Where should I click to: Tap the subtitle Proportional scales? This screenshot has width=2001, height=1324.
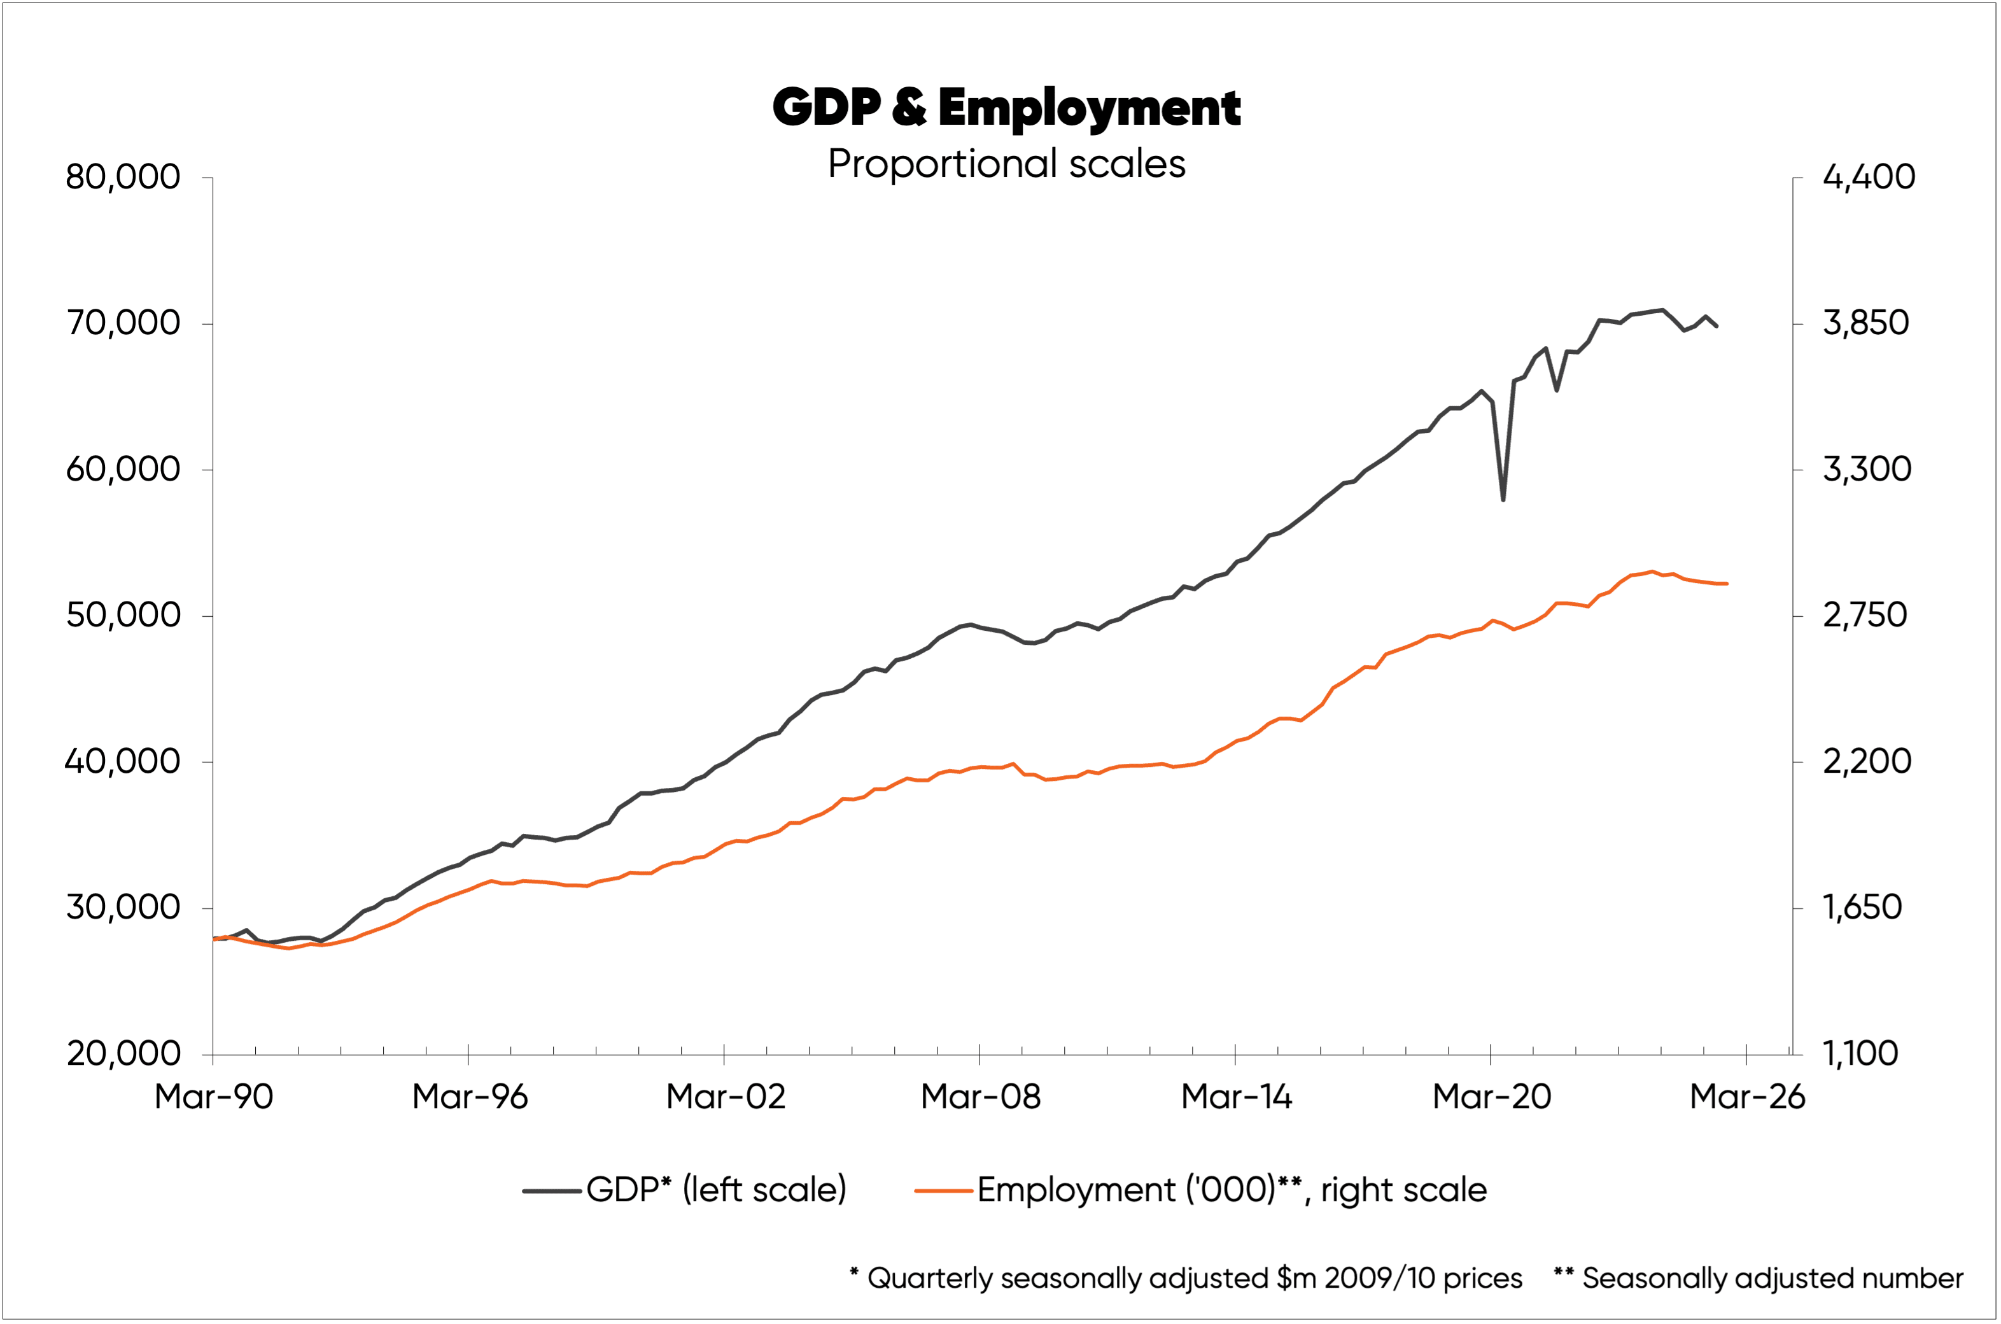click(x=1006, y=164)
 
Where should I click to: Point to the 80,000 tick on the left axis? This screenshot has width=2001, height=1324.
click(x=123, y=178)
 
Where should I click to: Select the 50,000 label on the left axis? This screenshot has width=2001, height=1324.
click(x=123, y=616)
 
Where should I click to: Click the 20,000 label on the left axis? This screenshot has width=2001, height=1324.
click(x=123, y=1054)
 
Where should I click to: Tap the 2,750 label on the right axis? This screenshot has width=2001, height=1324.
click(x=1864, y=616)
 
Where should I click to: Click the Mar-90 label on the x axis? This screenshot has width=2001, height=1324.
click(x=214, y=1097)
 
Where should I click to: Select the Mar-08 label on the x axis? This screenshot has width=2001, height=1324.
click(x=980, y=1097)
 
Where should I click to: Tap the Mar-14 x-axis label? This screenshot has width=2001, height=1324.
click(x=1236, y=1097)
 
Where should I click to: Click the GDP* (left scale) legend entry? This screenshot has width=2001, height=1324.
click(x=685, y=1190)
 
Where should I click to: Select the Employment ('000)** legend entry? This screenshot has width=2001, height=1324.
click(x=1200, y=1190)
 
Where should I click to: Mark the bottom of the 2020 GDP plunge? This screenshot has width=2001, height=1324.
click(x=1503, y=500)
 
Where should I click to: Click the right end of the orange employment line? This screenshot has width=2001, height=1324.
click(x=1727, y=584)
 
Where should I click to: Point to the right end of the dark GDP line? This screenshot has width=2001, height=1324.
click(x=1717, y=326)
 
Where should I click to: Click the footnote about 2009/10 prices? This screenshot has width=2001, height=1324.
click(x=1186, y=1278)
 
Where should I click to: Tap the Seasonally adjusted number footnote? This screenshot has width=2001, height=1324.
click(x=1759, y=1278)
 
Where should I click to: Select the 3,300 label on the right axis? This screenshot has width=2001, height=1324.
click(x=1867, y=470)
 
